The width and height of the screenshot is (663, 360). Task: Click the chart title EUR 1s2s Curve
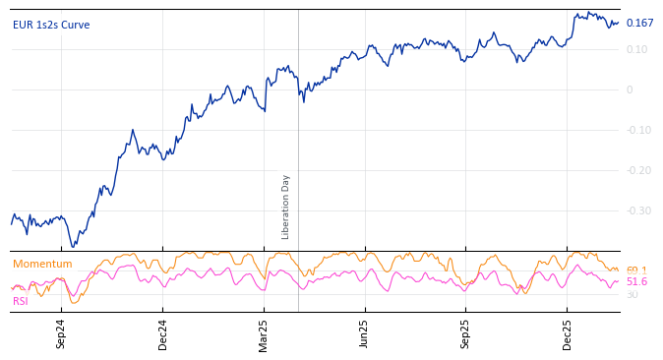(x=51, y=25)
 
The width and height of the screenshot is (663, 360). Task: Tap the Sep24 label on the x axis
(x=61, y=333)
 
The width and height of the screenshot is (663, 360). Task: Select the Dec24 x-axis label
(x=162, y=333)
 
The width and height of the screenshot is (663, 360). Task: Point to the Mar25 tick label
(x=264, y=333)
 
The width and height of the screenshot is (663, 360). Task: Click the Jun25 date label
(x=364, y=333)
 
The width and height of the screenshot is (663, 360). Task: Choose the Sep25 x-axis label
(x=465, y=333)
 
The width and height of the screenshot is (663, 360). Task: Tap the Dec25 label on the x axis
(x=567, y=333)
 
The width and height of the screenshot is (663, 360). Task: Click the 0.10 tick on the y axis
(x=637, y=50)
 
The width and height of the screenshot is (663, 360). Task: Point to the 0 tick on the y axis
(x=630, y=90)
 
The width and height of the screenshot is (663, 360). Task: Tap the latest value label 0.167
(x=639, y=24)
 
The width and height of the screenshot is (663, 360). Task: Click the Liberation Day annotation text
(x=286, y=207)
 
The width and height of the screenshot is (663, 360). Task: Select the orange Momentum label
(x=42, y=265)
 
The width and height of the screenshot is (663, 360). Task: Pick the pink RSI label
(x=21, y=302)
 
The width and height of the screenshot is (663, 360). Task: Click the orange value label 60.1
(x=636, y=270)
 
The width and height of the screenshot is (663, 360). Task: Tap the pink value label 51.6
(x=636, y=282)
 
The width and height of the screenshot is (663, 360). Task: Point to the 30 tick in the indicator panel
(x=632, y=295)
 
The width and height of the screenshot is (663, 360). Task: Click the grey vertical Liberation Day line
(x=298, y=128)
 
